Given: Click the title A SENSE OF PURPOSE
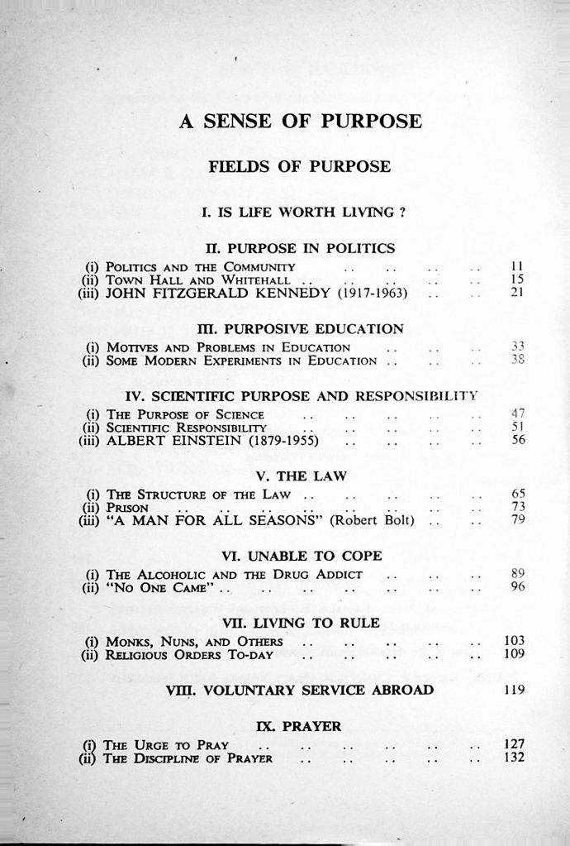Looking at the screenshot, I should (x=300, y=122).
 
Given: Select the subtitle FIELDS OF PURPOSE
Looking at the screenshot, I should (x=299, y=166).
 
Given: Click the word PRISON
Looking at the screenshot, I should (x=126, y=507).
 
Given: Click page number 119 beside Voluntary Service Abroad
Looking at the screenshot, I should (x=514, y=690).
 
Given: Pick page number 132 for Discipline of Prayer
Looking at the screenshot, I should (x=514, y=758).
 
